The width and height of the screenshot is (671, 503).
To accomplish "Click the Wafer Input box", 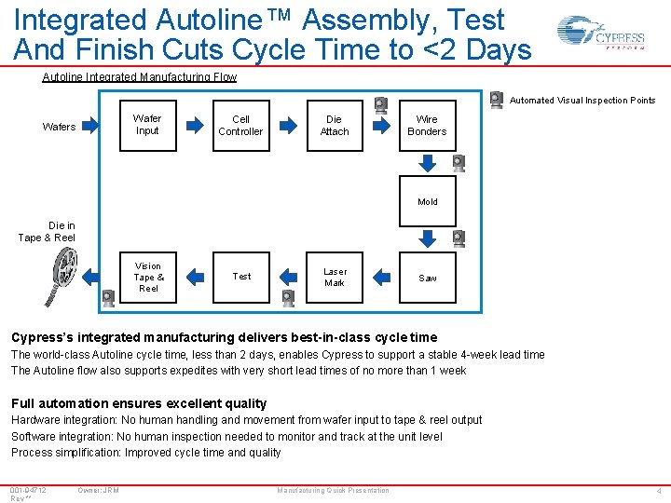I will [147, 125].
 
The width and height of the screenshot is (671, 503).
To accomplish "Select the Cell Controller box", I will [240, 125].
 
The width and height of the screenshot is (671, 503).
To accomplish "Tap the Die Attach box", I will [334, 125].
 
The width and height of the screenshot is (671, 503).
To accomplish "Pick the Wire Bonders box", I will [427, 125].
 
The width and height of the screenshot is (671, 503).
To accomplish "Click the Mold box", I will [427, 201].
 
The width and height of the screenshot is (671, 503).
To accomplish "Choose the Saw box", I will [427, 278].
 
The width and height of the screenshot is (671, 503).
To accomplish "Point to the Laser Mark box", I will [334, 278].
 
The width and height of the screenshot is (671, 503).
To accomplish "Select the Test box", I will [240, 277].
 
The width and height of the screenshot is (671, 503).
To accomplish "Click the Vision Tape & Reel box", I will [147, 277].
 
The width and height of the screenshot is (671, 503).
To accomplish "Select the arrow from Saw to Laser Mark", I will [381, 277].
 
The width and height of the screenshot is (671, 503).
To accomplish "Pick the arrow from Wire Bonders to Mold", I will [427, 163].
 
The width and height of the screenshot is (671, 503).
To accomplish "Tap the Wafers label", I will [60, 127].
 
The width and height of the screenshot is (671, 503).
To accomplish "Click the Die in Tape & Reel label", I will [47, 232].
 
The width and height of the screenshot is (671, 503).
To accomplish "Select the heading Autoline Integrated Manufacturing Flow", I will [140, 77].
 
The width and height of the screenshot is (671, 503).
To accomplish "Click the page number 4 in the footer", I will [658, 491].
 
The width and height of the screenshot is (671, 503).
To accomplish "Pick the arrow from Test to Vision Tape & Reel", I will [194, 277].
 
